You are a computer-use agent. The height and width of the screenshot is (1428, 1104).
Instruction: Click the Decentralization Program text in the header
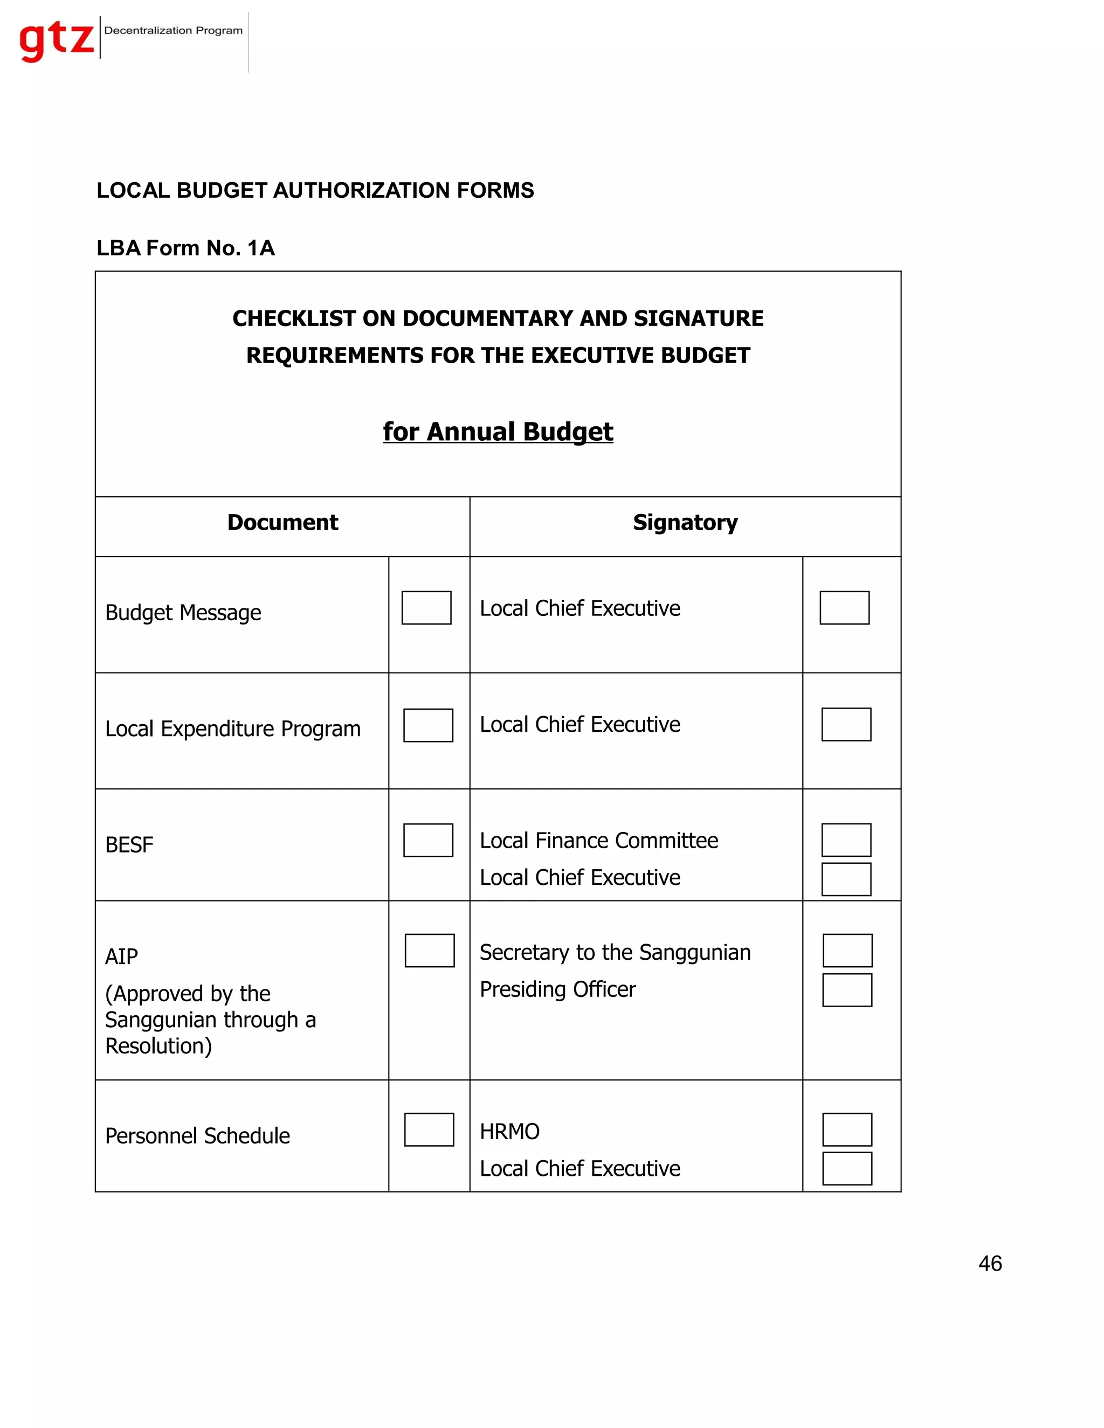(x=174, y=31)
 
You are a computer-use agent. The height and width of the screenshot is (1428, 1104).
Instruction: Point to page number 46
(x=990, y=1263)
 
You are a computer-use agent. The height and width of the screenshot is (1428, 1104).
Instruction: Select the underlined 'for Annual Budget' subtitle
(x=498, y=432)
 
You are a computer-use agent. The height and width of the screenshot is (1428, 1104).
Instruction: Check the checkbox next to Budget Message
(x=426, y=607)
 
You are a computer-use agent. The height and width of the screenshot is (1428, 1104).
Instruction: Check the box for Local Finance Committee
(x=846, y=840)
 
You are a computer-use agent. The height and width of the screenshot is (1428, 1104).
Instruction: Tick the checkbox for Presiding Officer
(x=847, y=990)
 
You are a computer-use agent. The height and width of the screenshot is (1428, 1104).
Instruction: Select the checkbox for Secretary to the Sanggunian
(x=847, y=951)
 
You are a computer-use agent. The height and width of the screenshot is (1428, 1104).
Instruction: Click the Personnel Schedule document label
(x=197, y=1136)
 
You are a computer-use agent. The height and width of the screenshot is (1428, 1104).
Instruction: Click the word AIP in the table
(x=122, y=956)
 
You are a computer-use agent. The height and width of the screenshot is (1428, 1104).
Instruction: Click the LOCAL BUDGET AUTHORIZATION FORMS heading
(x=315, y=190)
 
